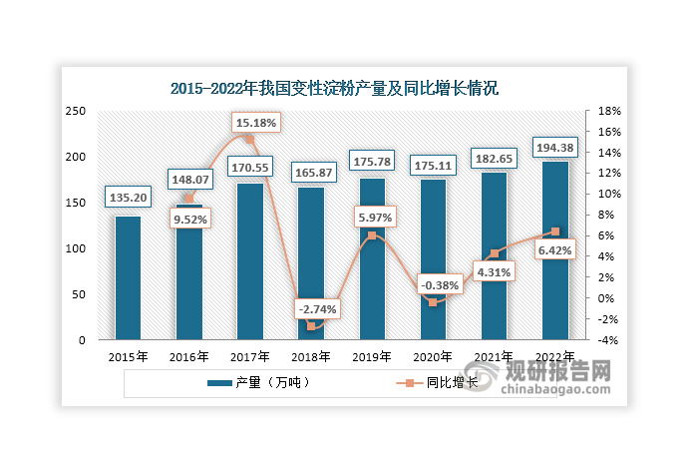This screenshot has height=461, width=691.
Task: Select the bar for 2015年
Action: pos(128,277)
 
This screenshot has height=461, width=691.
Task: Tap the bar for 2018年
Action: pos(311,263)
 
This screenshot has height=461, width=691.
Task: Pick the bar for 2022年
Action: pos(555,249)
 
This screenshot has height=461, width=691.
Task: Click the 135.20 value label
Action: pos(128,198)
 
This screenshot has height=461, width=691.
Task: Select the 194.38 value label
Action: pos(555,147)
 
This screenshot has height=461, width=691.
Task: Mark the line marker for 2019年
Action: pos(372,235)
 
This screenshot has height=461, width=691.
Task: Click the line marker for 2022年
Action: pos(555,231)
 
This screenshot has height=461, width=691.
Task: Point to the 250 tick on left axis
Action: pos(76,112)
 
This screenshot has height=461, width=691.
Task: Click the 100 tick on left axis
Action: pos(76,248)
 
